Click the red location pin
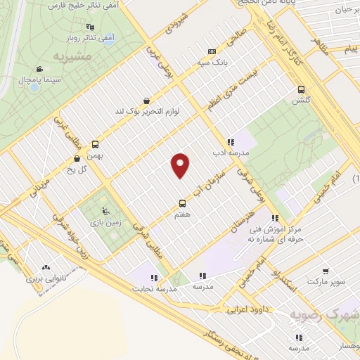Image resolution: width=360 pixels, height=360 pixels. coord(181,166)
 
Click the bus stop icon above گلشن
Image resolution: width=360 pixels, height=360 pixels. coord(302,89)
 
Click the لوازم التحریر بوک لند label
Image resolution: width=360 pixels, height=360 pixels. coord(145,111)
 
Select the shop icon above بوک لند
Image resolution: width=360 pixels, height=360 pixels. coord(146,101)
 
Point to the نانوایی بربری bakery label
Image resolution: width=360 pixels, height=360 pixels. coord(46,278)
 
